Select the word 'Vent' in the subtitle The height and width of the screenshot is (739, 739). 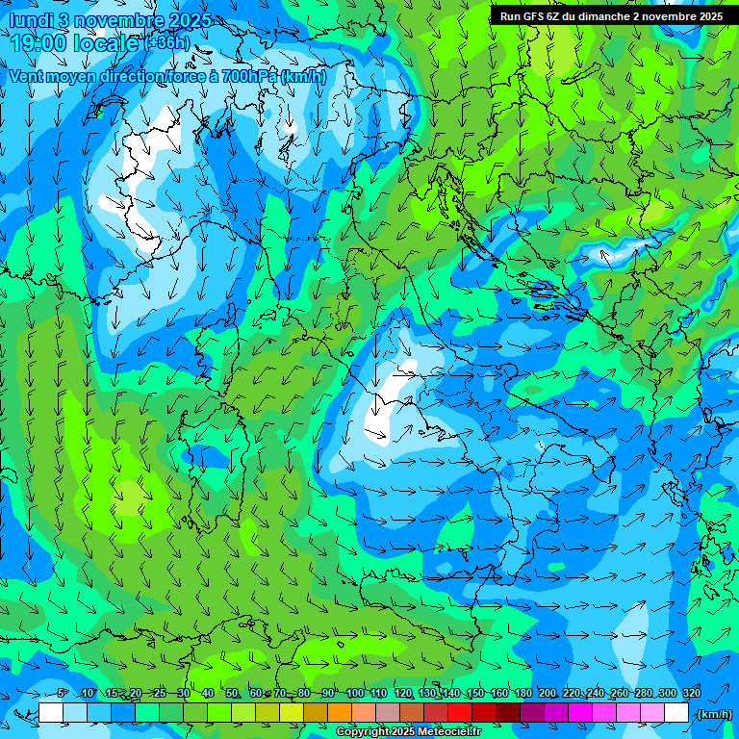[29, 76]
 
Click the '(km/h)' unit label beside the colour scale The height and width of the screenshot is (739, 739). [712, 714]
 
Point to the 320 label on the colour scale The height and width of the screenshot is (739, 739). [692, 693]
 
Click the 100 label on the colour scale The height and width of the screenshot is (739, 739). [355, 693]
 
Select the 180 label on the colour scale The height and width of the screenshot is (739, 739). [523, 693]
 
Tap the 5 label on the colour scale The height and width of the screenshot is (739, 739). [63, 693]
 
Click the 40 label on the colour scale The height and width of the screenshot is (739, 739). [208, 693]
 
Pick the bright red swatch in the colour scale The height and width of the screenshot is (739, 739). [460, 713]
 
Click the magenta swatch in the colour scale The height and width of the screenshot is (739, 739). [580, 713]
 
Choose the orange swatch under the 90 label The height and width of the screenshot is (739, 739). [340, 713]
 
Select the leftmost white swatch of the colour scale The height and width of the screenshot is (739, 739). [51, 713]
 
